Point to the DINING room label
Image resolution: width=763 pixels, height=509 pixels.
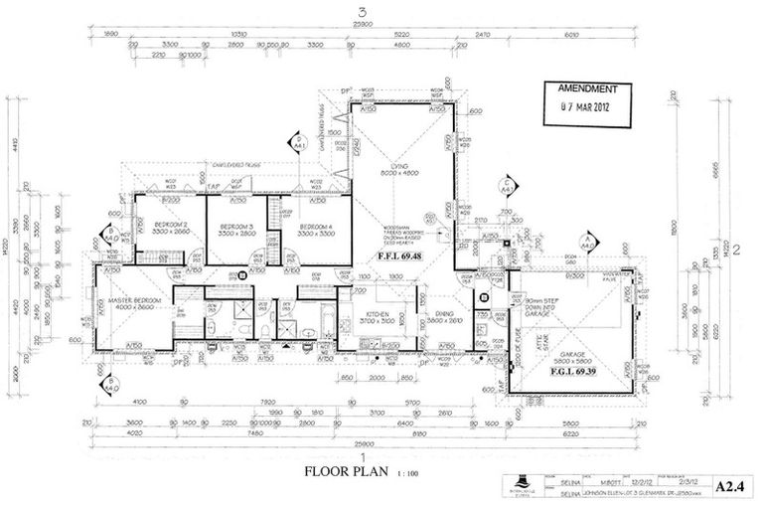[444, 316]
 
